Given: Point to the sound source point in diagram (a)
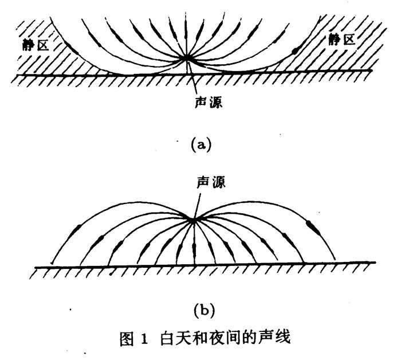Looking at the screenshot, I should point(187,57).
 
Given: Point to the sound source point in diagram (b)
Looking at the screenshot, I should point(193,219).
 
